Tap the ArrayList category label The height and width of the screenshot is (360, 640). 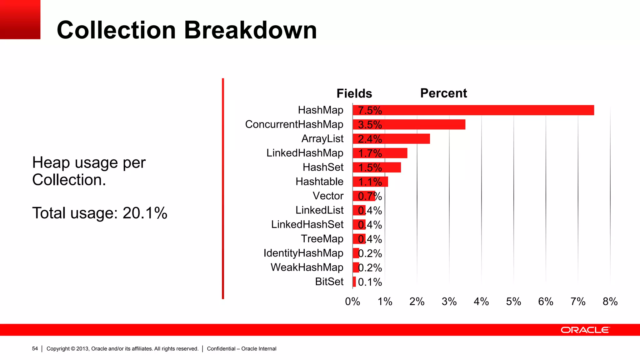coord(322,138)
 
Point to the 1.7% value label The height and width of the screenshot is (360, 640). coord(370,153)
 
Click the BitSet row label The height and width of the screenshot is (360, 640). coord(329,282)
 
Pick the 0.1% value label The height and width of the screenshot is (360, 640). coord(370,282)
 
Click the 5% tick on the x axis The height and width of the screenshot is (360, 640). coord(513,302)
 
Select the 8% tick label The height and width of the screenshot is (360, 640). coord(610,302)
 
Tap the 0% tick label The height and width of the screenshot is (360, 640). coord(352,302)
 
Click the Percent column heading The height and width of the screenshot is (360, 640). coord(443,93)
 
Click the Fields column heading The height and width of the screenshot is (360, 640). coord(354,93)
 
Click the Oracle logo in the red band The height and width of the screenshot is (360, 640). coord(585,330)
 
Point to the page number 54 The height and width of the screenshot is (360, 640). coord(35,348)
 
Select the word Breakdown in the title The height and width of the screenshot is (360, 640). coord(250,30)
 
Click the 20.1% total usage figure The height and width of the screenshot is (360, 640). coord(145,213)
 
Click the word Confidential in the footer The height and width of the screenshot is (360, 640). coord(221,349)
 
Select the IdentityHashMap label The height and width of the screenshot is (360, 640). coord(303,253)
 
